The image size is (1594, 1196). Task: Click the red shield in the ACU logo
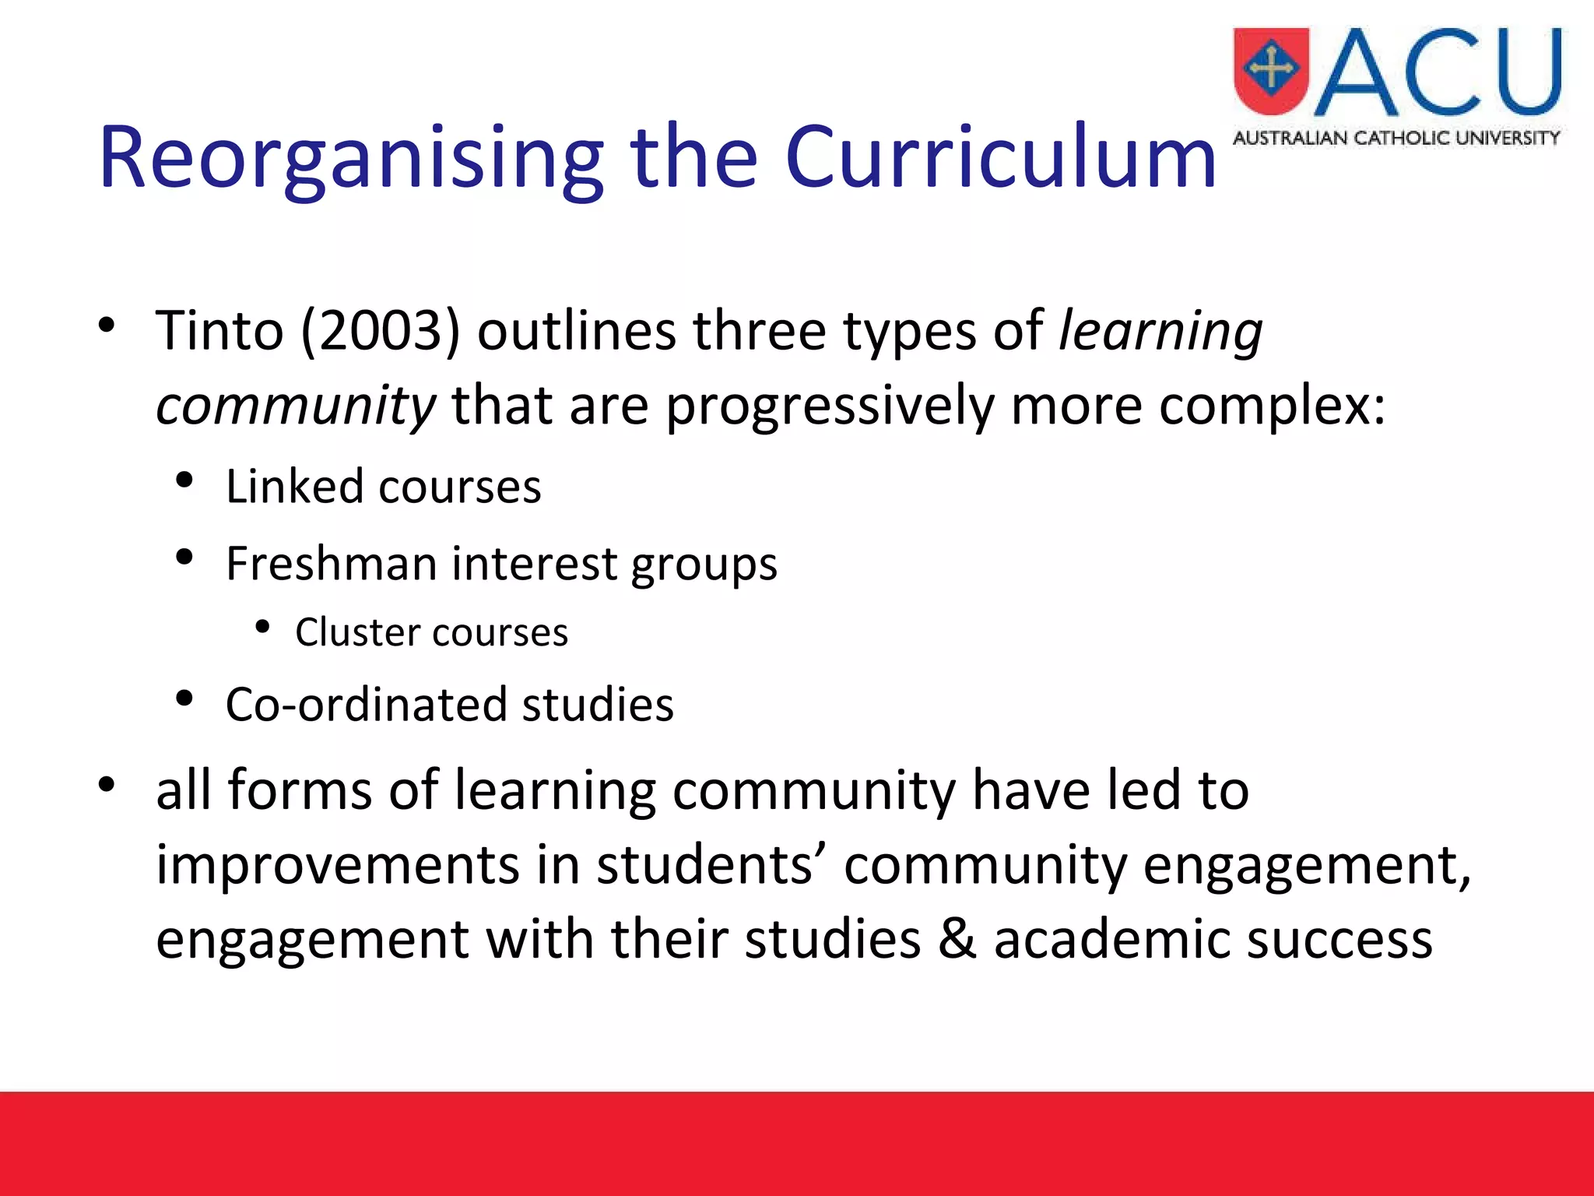[x=1271, y=72]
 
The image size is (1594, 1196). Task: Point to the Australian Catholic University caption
[x=1396, y=139]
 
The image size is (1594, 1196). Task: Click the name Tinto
[x=219, y=331]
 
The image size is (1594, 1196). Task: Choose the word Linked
[x=295, y=487]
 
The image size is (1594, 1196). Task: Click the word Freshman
[x=331, y=563]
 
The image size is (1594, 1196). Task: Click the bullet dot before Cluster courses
[x=262, y=627]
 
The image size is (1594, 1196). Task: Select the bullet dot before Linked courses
[x=184, y=480]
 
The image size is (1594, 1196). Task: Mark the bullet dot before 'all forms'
[x=107, y=784]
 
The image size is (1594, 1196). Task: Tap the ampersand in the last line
[x=957, y=939]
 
